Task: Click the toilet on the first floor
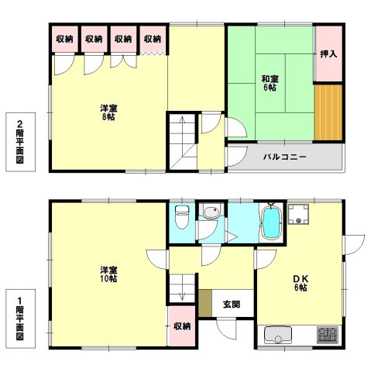(182, 217)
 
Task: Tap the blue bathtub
(271, 222)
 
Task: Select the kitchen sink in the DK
(278, 335)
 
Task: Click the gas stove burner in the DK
(328, 335)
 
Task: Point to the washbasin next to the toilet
(211, 212)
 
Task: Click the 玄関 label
(232, 305)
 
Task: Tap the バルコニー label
(285, 157)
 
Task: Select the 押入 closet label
(328, 54)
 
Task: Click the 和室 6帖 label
(270, 83)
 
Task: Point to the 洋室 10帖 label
(108, 274)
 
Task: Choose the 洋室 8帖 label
(108, 112)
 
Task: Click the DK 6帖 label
(301, 283)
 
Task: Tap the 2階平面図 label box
(20, 142)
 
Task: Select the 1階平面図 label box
(20, 319)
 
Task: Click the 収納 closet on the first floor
(182, 326)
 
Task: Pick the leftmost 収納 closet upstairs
(65, 39)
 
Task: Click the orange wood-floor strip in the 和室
(328, 112)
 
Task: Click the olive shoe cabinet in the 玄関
(205, 303)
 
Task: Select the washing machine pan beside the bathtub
(298, 214)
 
